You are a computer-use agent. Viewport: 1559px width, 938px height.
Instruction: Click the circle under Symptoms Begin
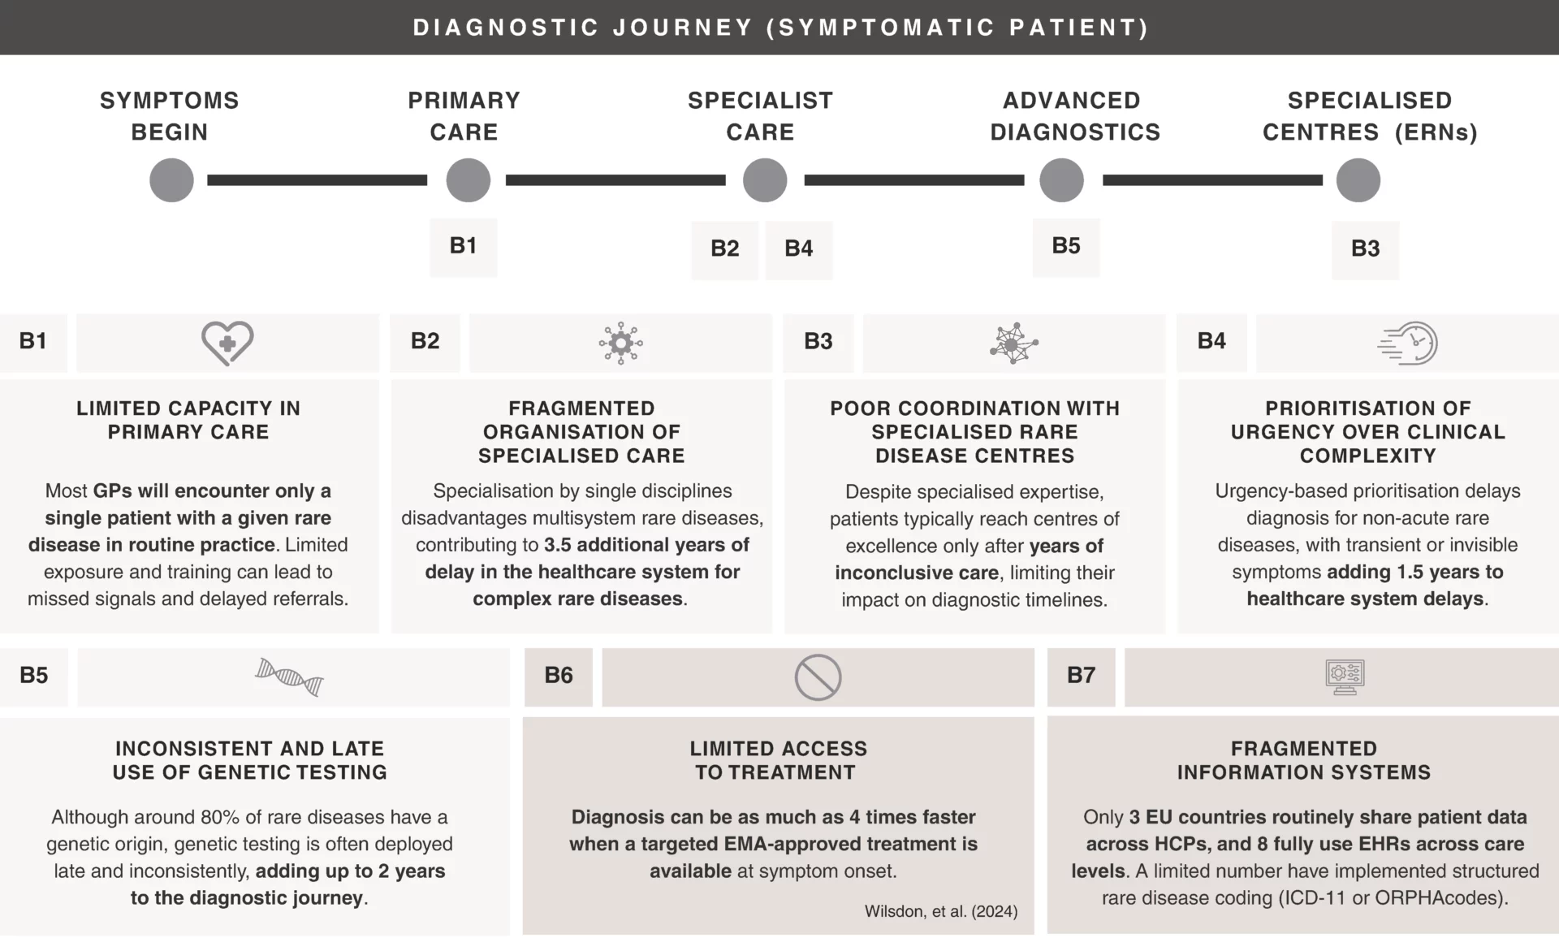click(x=171, y=180)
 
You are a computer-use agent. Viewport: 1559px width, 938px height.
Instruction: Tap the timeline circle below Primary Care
click(x=469, y=180)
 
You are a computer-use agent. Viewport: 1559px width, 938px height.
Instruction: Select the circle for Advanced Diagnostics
click(x=1062, y=180)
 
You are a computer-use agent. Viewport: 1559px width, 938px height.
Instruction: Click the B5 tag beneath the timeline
click(x=1066, y=247)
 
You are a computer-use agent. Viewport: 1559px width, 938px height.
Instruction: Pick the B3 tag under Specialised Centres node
click(x=1366, y=249)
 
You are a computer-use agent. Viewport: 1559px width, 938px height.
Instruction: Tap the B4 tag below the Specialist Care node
click(x=799, y=249)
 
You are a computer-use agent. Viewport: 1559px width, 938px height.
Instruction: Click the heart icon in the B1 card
click(x=227, y=343)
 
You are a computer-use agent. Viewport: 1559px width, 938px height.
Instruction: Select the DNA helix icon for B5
click(x=289, y=677)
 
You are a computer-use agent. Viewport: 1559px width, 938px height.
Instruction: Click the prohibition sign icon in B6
click(x=818, y=677)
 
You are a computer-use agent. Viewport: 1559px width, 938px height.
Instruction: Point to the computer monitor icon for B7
click(x=1345, y=677)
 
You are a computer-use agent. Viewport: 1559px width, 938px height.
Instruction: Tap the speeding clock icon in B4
click(x=1407, y=344)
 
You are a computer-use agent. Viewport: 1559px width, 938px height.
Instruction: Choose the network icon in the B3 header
click(x=1013, y=344)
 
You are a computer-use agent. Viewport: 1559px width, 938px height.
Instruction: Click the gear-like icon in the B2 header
click(x=620, y=344)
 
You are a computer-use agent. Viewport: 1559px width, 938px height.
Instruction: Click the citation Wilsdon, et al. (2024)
click(x=941, y=911)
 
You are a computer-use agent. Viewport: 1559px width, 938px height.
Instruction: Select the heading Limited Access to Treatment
click(x=778, y=760)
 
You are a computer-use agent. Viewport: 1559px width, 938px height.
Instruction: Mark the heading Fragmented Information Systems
click(x=1304, y=760)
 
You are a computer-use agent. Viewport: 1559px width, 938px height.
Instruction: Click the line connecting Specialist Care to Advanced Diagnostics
click(x=914, y=180)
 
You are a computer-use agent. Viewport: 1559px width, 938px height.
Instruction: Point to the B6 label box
click(x=559, y=676)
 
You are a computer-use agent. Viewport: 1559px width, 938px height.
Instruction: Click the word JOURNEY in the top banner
click(x=683, y=28)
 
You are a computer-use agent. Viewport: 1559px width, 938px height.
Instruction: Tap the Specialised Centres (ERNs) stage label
click(x=1370, y=116)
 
